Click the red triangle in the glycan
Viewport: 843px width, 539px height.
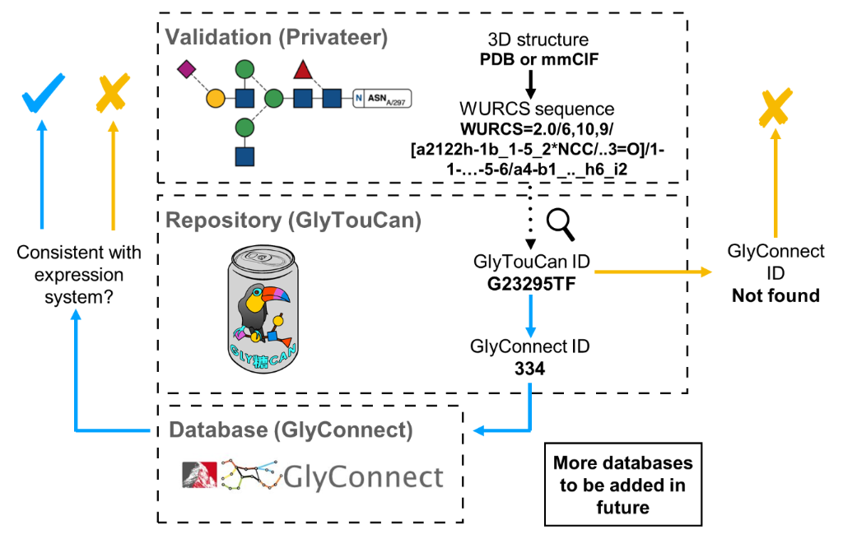coord(303,70)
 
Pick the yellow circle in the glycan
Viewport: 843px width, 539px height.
coord(214,100)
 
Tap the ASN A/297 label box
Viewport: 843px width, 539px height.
coord(382,100)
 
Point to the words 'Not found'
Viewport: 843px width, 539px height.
coord(775,295)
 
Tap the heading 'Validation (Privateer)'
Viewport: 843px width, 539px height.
coord(277,37)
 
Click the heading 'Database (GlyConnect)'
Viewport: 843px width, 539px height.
coord(289,429)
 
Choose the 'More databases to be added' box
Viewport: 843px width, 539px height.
coord(622,485)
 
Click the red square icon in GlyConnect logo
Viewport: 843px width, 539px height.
coord(199,476)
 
